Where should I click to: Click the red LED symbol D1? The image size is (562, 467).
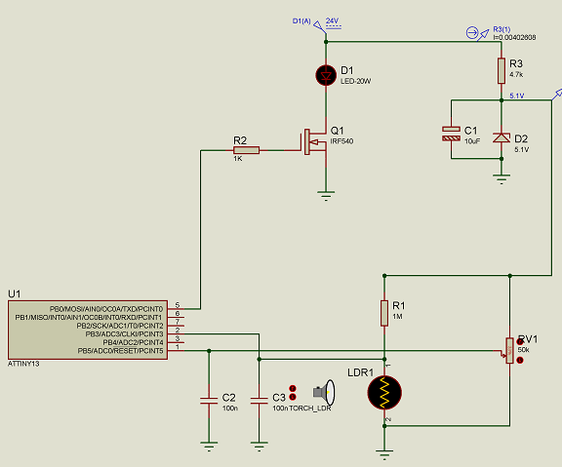pos(325,74)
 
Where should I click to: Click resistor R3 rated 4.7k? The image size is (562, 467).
pos(502,70)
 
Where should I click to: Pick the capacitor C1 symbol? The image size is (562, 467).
pos(450,135)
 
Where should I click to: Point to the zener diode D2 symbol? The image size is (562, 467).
pos(502,137)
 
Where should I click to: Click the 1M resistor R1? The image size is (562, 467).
pos(384,312)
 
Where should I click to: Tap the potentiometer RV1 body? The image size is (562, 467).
pos(508,349)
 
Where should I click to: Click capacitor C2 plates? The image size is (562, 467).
pos(207,399)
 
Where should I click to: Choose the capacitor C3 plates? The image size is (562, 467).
pos(258,399)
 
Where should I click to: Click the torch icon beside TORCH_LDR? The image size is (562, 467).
pos(330,393)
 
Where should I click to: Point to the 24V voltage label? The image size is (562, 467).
pos(333,20)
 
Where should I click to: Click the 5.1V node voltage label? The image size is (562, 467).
pos(517,96)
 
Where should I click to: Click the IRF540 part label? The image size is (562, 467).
pos(341,141)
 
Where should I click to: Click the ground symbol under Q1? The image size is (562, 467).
pos(325,196)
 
